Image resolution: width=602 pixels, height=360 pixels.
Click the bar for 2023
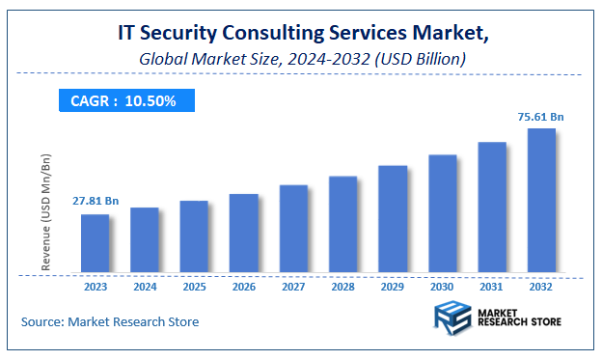(x=95, y=243)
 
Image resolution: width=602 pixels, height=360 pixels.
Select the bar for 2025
(x=194, y=236)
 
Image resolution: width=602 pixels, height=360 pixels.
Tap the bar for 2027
(x=293, y=229)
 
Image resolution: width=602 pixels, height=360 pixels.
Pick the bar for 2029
(x=393, y=219)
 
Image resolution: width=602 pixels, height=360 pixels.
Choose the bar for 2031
(x=492, y=208)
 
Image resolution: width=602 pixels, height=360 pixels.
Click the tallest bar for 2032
(x=541, y=201)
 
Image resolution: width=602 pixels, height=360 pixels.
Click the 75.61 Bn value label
(x=540, y=117)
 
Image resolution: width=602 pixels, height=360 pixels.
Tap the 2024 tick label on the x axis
(x=145, y=287)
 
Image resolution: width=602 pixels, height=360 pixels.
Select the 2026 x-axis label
(x=244, y=287)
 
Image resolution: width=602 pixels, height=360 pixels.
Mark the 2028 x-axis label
(x=343, y=287)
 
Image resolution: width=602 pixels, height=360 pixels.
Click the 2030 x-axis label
(x=443, y=287)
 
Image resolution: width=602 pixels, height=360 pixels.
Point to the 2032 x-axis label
(x=541, y=287)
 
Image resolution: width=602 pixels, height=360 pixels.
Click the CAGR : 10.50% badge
(x=123, y=100)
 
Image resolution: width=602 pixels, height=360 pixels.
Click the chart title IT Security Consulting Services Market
(x=301, y=34)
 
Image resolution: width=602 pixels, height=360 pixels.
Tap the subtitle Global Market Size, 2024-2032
(x=301, y=59)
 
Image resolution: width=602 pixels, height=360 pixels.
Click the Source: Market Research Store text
(x=110, y=321)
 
